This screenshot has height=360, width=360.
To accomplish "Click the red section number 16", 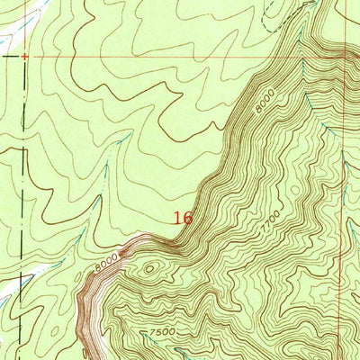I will (183, 218).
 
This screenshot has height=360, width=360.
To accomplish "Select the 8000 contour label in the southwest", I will (106, 262).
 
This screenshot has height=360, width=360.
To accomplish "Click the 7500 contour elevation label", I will (161, 333).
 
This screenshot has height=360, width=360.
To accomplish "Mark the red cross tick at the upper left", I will (24, 56).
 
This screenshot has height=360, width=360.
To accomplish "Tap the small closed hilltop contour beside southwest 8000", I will (148, 267).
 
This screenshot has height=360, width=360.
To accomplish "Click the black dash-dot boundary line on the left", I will (20, 180).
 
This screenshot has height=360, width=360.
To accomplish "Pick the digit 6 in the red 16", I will (187, 218).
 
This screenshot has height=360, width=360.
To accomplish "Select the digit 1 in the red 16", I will (177, 218).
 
